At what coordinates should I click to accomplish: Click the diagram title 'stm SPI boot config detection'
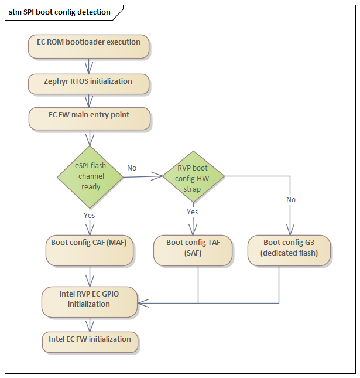click(x=60, y=12)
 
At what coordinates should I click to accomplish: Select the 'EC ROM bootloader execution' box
click(x=88, y=46)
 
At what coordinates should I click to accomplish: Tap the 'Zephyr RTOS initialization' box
click(x=88, y=84)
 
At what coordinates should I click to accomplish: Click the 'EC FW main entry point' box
click(x=90, y=118)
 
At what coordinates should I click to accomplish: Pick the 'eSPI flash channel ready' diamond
click(x=90, y=177)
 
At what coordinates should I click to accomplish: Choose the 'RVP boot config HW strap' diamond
click(x=193, y=177)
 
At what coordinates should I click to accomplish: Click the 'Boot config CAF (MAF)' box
click(x=90, y=250)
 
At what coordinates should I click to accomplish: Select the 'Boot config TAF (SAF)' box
click(x=193, y=250)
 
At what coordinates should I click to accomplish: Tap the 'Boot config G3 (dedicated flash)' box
click(x=289, y=250)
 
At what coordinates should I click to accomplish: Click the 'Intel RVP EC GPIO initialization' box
click(x=90, y=302)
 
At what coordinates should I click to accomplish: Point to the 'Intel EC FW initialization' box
click(x=90, y=342)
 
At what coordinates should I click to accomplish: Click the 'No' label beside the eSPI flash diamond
click(x=132, y=168)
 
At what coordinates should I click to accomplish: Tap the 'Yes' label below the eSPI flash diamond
click(x=90, y=215)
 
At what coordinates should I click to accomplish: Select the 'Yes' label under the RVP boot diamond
click(x=193, y=212)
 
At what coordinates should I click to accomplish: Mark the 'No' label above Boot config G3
click(x=291, y=200)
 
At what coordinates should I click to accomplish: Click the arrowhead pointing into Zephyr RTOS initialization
click(x=89, y=68)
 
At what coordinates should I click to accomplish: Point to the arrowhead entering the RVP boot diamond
click(x=157, y=176)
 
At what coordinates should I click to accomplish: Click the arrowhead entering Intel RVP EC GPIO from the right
click(x=143, y=303)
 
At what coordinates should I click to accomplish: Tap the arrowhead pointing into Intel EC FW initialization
click(x=90, y=326)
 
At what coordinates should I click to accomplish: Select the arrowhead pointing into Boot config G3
click(x=290, y=230)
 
